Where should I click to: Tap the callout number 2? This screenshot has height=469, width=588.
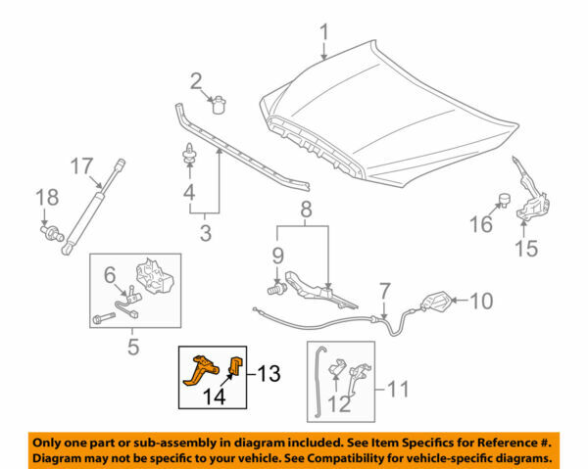click(x=196, y=80)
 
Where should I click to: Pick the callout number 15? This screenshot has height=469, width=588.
click(x=526, y=249)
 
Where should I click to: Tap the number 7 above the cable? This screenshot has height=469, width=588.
click(x=385, y=291)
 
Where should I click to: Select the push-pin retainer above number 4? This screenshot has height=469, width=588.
click(x=185, y=153)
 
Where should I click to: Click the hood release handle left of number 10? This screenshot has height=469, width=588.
click(x=438, y=304)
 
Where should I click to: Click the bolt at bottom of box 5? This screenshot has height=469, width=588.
click(x=104, y=319)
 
